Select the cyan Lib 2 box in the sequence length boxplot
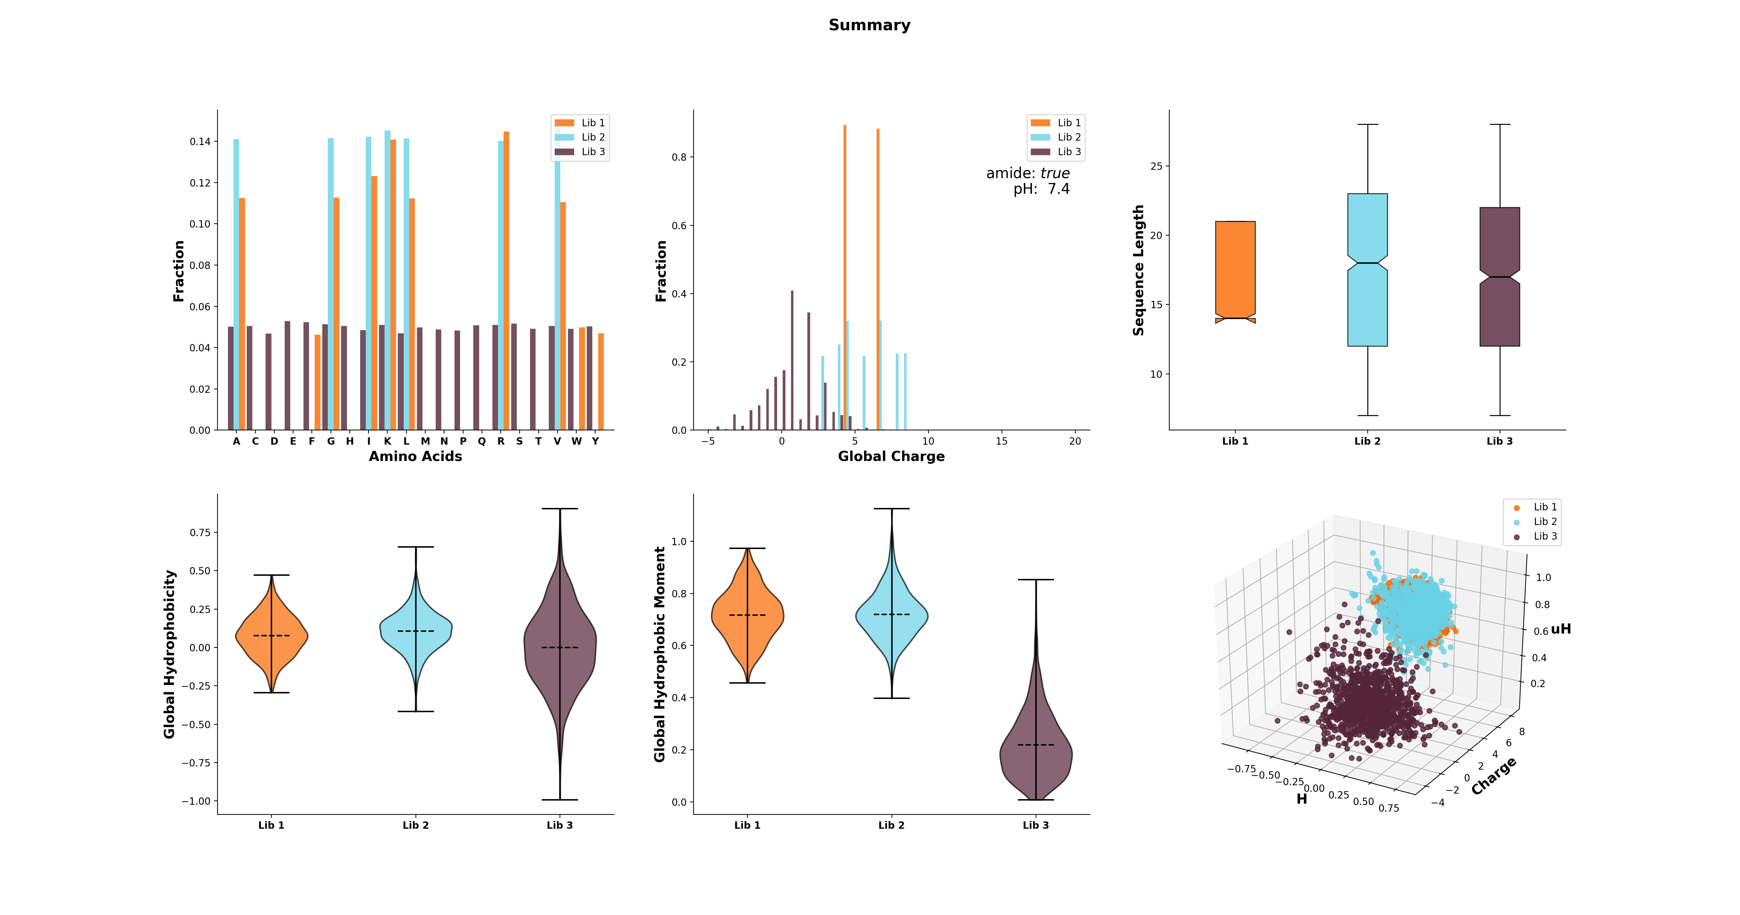(1367, 270)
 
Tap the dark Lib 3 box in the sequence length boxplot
(1500, 277)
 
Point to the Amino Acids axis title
(416, 456)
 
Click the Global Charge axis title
(891, 456)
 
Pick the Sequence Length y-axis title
(1139, 270)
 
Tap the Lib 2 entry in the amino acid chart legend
(592, 137)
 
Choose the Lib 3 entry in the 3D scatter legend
(1545, 536)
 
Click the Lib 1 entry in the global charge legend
(1069, 122)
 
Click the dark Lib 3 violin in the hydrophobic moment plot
(1036, 749)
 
